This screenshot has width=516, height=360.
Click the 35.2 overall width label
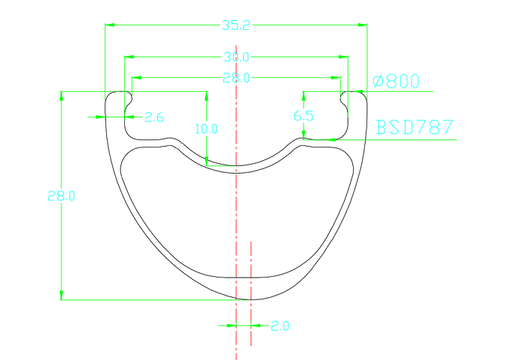tap(236, 25)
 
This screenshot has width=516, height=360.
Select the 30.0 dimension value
tap(236, 57)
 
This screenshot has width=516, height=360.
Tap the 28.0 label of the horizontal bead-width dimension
tap(236, 77)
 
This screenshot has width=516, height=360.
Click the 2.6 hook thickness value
tap(154, 118)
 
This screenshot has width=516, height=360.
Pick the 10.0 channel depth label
tap(206, 129)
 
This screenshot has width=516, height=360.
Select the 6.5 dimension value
tap(304, 116)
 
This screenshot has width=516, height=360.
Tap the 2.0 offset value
tap(280, 326)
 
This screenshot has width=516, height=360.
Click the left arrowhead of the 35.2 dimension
tap(109, 25)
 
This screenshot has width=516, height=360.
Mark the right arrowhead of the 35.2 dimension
tap(363, 25)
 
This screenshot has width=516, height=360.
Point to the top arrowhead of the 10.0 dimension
tap(206, 96)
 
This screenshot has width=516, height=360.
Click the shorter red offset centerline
tap(251, 292)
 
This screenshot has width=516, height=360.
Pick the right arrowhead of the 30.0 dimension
tap(344, 57)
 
